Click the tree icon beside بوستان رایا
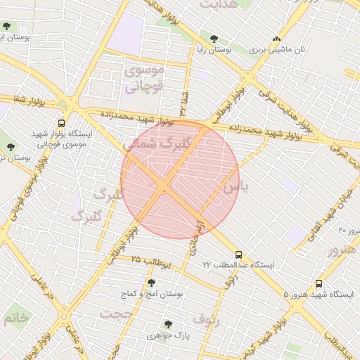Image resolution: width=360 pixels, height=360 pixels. point(213,39)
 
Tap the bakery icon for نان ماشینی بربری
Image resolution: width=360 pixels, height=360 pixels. point(276,39)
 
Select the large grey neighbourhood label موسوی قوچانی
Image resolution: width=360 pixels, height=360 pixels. point(144,79)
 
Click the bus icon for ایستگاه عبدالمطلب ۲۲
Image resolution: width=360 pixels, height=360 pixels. point(238,255)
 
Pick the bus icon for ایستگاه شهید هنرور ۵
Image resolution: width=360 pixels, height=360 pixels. point(320,284)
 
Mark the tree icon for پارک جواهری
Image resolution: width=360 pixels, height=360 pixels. point(167,324)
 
